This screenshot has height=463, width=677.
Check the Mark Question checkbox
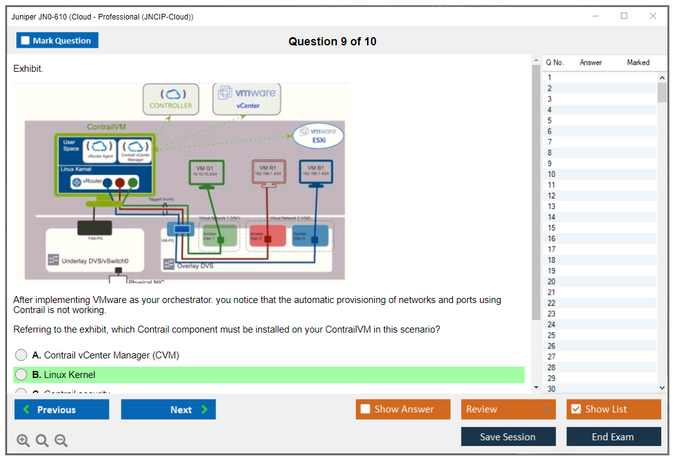pyautogui.click(x=26, y=41)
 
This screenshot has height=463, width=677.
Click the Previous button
pyautogui.click(x=62, y=409)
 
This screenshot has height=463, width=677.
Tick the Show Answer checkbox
pyautogui.click(x=365, y=409)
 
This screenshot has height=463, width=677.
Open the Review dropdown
pyautogui.click(x=508, y=409)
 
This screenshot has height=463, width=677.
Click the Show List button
pyautogui.click(x=613, y=409)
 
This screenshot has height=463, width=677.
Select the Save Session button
pyautogui.click(x=508, y=437)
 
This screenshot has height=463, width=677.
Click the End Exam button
pyautogui.click(x=613, y=437)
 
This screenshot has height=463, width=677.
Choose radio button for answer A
pyautogui.click(x=21, y=355)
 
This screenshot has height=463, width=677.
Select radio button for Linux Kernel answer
pyautogui.click(x=21, y=375)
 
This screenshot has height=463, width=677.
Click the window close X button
pyautogui.click(x=653, y=16)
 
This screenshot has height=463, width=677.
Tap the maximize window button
pyautogui.click(x=624, y=16)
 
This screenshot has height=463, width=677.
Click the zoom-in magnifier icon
pyautogui.click(x=23, y=441)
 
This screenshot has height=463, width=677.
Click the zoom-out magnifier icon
pyautogui.click(x=61, y=441)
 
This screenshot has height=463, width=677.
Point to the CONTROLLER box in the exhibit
pyautogui.click(x=171, y=100)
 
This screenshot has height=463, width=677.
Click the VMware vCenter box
pyautogui.click(x=247, y=99)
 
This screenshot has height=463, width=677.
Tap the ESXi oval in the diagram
pyautogui.click(x=319, y=136)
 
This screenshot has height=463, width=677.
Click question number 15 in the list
pyautogui.click(x=552, y=228)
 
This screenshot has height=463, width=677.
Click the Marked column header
pyautogui.click(x=638, y=62)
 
